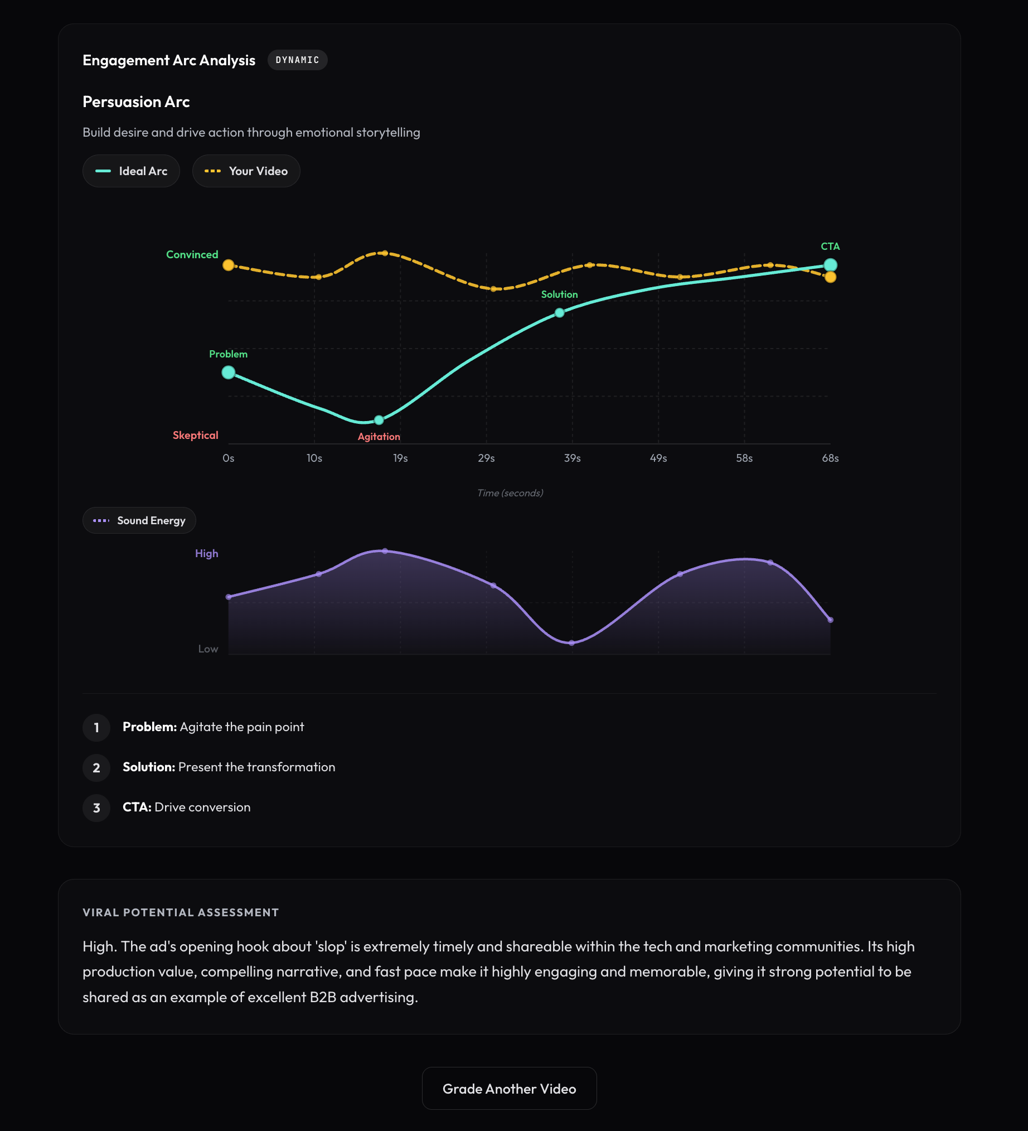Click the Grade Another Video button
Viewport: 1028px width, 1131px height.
508,1089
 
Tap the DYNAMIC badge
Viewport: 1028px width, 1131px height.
297,60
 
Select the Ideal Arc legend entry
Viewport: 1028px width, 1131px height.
131,171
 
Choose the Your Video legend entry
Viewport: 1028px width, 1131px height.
246,171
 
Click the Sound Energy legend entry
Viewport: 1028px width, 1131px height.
139,521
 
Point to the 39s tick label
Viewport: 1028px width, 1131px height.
572,458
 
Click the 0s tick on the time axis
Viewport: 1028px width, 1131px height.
228,458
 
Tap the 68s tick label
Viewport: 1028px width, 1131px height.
830,458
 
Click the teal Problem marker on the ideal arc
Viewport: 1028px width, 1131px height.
228,373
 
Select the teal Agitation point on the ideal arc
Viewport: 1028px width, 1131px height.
379,420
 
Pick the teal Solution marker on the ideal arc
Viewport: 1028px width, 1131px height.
560,313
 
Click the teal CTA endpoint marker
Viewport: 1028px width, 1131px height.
830,265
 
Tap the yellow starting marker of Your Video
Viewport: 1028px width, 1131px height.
228,265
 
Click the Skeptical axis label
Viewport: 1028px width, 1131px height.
195,436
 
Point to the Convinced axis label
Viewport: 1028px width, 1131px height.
192,255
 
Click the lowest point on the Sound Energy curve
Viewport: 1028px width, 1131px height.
571,643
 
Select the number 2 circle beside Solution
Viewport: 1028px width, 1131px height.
96,768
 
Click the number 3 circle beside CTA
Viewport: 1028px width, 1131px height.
96,808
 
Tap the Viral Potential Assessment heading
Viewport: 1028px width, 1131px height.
181,913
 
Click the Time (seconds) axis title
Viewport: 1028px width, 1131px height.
510,493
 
